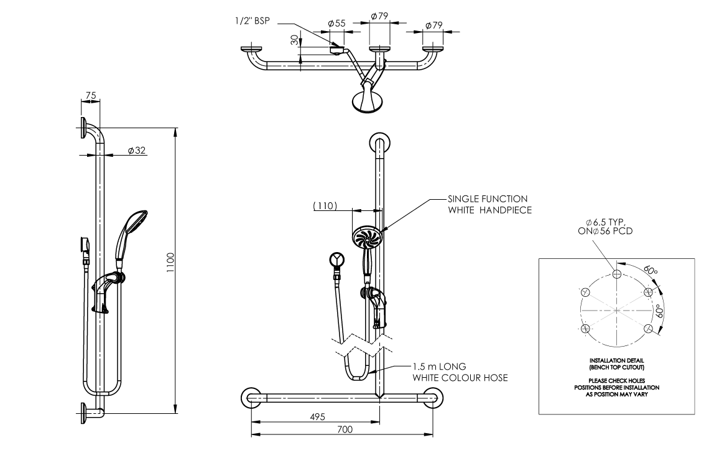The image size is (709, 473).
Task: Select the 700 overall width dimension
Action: pyautogui.click(x=342, y=429)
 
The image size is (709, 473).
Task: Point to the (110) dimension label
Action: pyautogui.click(x=325, y=206)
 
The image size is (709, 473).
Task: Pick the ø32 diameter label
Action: pyautogui.click(x=136, y=151)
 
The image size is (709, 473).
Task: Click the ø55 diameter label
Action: pyautogui.click(x=336, y=24)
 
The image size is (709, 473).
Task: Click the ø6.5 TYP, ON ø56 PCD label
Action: pyautogui.click(x=608, y=227)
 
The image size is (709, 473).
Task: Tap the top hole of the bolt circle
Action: pyautogui.click(x=616, y=273)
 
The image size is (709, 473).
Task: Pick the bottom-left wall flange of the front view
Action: pyautogui.click(x=251, y=397)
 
